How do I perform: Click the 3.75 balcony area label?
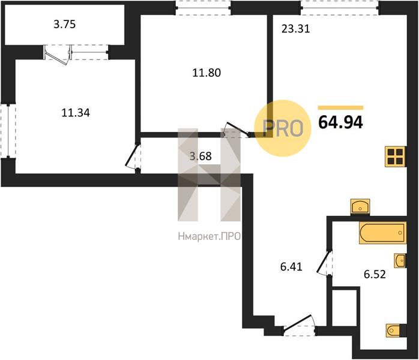tap(65, 25)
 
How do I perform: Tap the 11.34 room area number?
tap(76, 113)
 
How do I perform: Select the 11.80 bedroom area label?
tap(206, 73)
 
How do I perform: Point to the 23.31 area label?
tap(296, 29)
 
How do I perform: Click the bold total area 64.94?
tap(341, 122)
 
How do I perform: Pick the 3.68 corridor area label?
tap(200, 156)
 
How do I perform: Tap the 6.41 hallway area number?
tap(291, 266)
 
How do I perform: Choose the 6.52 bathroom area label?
tap(375, 274)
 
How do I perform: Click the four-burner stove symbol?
tap(395, 157)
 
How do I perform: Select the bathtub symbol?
tap(383, 233)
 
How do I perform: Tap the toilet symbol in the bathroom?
tap(393, 331)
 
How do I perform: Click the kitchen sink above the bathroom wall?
tap(360, 207)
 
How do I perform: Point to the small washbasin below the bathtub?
tap(400, 260)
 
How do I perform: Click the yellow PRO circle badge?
tap(283, 128)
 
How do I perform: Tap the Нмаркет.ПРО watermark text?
tap(209, 236)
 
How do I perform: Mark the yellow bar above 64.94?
tap(341, 108)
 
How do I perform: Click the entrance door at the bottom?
tap(300, 326)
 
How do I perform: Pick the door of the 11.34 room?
tap(133, 158)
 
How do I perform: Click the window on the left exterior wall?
tap(8, 130)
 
